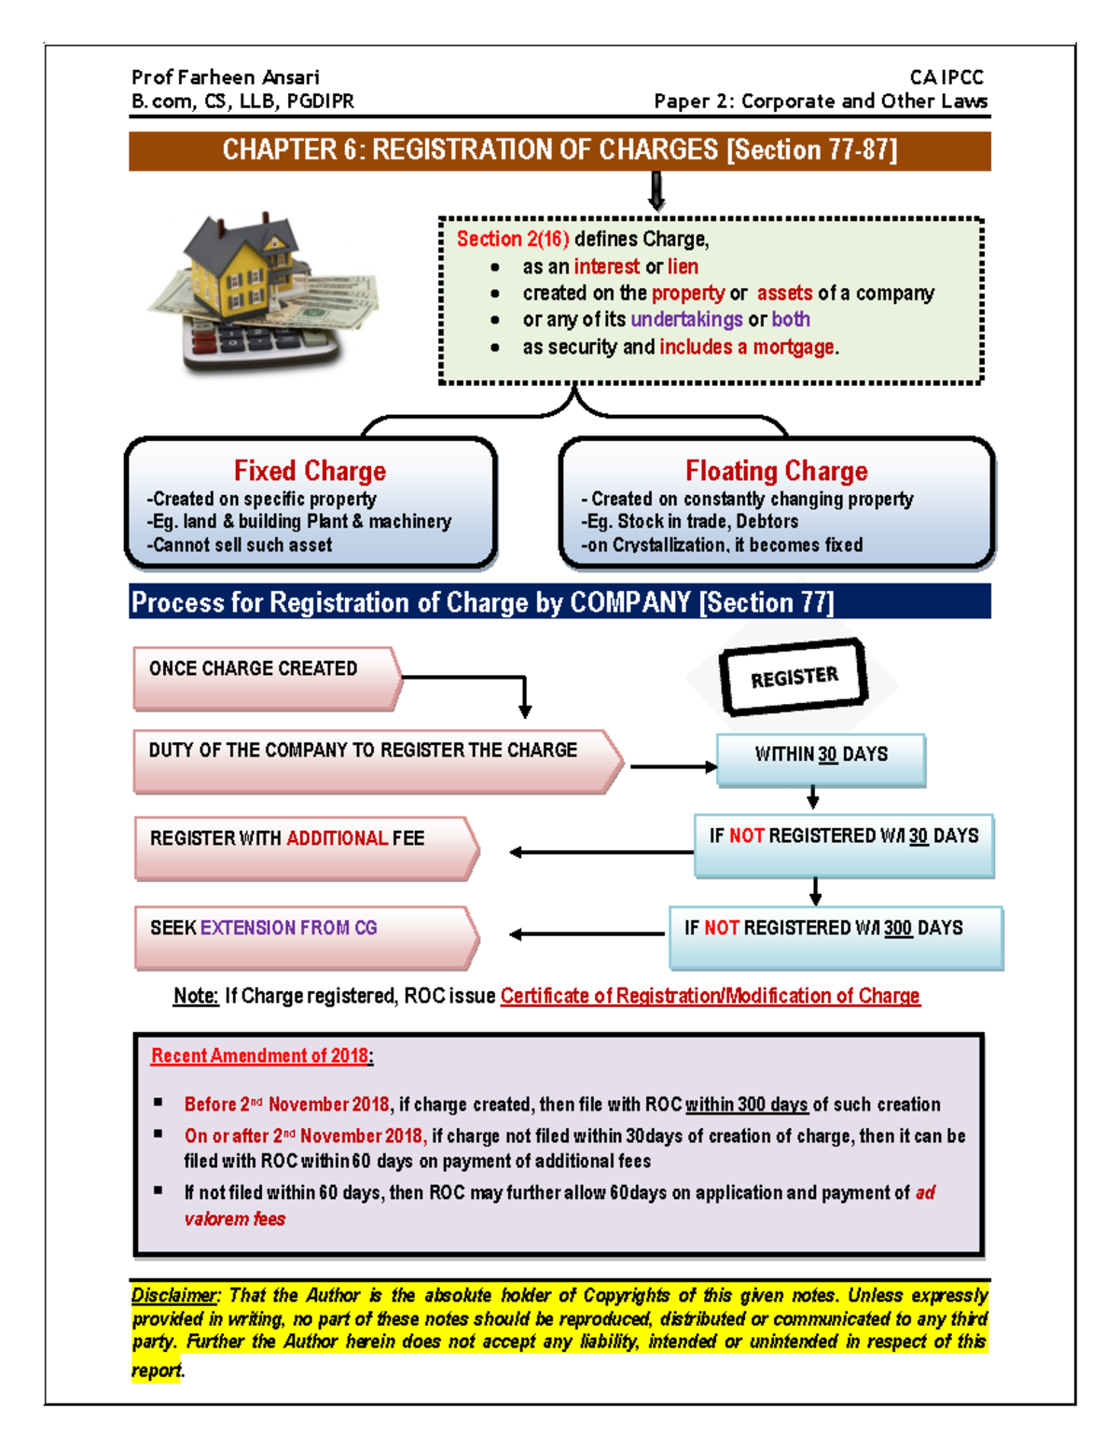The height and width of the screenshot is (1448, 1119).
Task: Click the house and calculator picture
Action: [x=263, y=292]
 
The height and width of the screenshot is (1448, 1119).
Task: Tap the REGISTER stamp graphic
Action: [x=794, y=677]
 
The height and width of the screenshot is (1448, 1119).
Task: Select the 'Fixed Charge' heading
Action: [x=310, y=471]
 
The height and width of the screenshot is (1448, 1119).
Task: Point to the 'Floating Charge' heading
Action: [x=776, y=471]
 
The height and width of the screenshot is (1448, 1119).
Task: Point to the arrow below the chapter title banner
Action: [x=656, y=191]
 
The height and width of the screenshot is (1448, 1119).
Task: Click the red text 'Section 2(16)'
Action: [x=512, y=240]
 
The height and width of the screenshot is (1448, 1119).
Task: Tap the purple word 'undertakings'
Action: [x=686, y=320]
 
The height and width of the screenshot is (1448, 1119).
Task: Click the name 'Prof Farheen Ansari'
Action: [x=226, y=77]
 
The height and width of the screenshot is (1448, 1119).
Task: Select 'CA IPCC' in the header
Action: [x=946, y=77]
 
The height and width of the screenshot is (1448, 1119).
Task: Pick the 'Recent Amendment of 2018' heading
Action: [x=260, y=1055]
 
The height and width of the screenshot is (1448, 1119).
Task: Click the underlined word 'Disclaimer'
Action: [x=175, y=1295]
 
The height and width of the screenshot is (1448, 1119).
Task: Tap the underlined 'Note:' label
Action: [x=196, y=996]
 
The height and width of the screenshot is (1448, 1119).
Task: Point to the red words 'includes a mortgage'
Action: [x=747, y=348]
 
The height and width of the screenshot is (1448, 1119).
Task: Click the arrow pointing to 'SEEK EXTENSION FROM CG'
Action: [x=587, y=933]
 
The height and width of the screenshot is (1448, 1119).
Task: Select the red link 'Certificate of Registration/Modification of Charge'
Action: [x=710, y=996]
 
